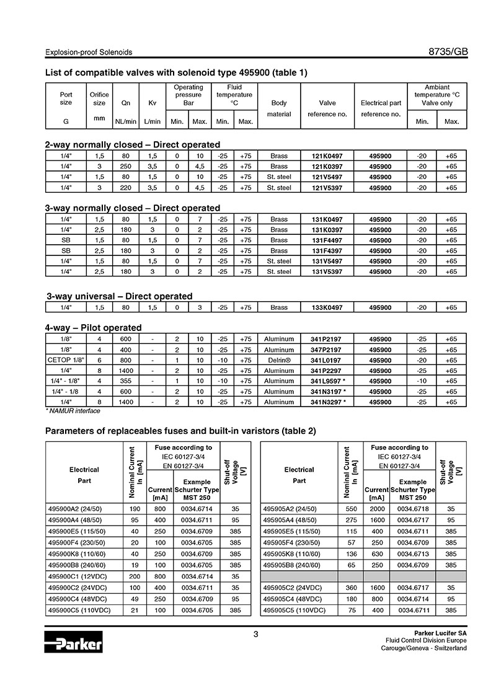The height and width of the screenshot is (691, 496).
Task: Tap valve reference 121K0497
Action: pos(327,156)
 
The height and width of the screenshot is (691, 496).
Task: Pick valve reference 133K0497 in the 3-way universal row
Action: pos(327,307)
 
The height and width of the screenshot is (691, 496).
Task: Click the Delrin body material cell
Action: pos(279,360)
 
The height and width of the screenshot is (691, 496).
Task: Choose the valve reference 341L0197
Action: pos(327,360)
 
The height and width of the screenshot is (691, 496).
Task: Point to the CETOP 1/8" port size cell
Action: pos(66,360)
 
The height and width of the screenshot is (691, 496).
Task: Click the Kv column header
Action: pos(153,103)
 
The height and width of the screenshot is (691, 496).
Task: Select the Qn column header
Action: pos(126,103)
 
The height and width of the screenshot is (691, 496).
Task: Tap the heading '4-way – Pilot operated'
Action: pos(93,327)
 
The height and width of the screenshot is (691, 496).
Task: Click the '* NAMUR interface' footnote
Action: pos(73,410)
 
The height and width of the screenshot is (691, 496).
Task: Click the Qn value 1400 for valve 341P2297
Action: pos(126,371)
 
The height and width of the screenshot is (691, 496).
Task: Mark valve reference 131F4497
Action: pos(327,240)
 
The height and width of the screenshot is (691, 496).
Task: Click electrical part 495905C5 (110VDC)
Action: pos(294,610)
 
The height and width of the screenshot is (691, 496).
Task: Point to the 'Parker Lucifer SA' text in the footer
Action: pos(440,633)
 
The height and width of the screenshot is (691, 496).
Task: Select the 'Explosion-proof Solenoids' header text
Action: pos(89,53)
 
